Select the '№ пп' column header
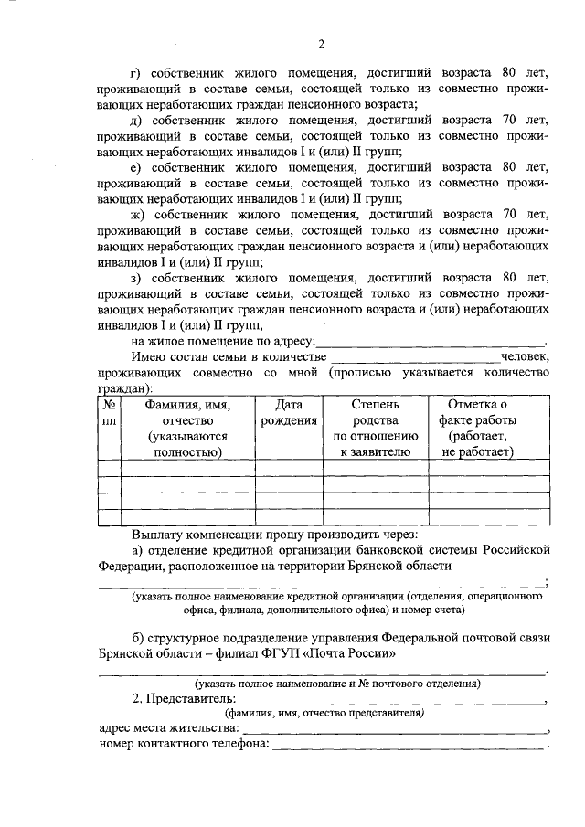tap(109, 412)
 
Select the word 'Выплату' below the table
tap(158, 534)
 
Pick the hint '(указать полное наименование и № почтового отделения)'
tap(337, 684)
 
